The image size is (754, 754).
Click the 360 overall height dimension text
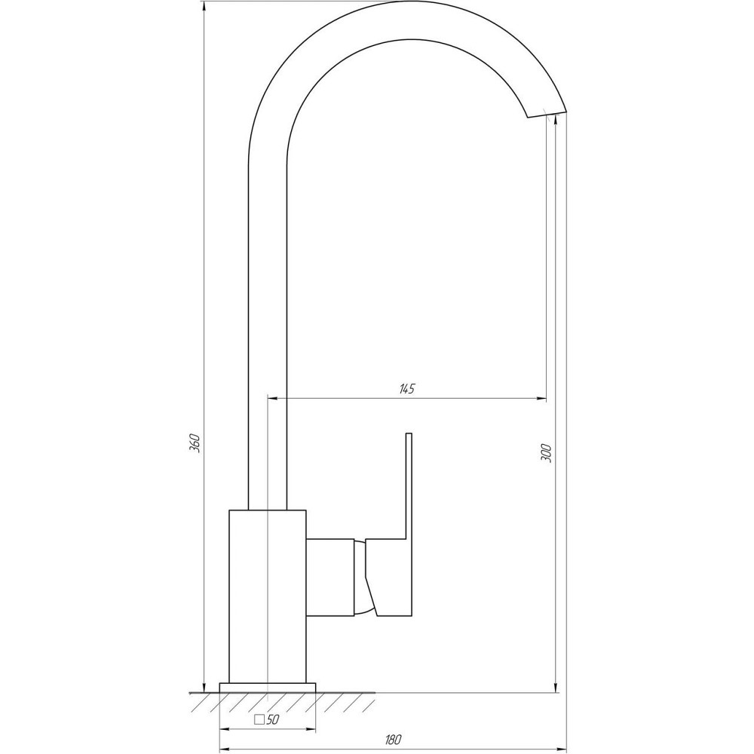coord(194,443)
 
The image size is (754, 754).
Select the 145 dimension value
coord(406,389)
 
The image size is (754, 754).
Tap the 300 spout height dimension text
coord(547,452)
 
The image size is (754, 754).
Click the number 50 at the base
coord(273,719)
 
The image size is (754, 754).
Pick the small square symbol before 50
coord(259,719)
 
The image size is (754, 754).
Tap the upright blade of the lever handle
coord(409,483)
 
